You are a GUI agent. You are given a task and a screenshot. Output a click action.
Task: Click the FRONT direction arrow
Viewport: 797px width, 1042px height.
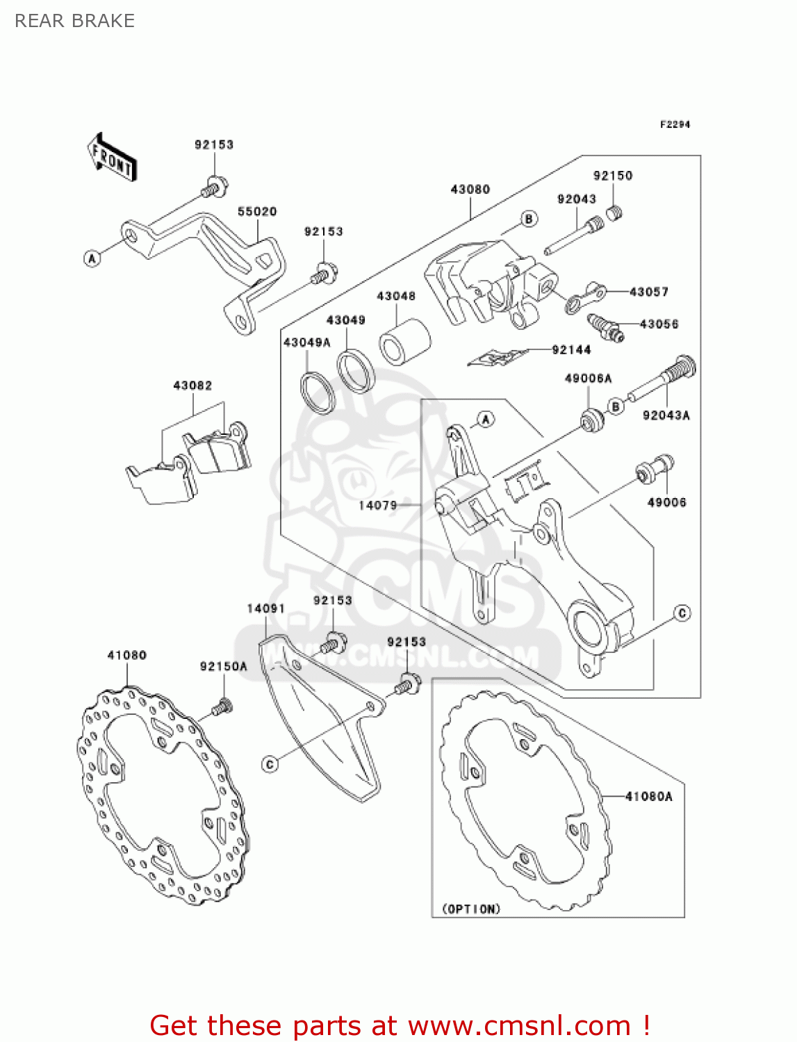(112, 158)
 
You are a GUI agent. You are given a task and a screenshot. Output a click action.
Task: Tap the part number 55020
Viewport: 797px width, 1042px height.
(257, 211)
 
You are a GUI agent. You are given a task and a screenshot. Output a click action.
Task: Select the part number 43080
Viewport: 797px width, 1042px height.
(470, 189)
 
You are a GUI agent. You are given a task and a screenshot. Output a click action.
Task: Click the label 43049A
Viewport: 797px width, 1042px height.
(306, 342)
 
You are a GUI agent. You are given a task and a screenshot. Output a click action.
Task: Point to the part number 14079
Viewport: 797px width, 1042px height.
(377, 505)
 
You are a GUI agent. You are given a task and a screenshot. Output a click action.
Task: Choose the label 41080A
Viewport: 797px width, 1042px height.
(648, 796)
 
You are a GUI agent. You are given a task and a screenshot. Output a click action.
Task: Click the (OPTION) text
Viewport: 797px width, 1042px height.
(471, 909)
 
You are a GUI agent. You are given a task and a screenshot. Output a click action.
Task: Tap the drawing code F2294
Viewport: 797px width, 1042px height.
(675, 124)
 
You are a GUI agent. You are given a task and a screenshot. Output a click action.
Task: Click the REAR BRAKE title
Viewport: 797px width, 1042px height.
(74, 21)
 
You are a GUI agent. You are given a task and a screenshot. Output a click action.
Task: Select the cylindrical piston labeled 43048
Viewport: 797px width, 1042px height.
(404, 340)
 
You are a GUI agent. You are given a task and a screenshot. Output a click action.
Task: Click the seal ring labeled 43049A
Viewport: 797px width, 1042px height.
(318, 393)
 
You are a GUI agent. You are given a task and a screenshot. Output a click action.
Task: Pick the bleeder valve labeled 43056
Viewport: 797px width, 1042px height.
(605, 327)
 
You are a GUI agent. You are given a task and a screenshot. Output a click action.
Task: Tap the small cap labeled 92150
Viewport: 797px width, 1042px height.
(613, 213)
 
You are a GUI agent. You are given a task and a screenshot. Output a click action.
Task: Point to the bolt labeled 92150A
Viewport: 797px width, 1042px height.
(222, 707)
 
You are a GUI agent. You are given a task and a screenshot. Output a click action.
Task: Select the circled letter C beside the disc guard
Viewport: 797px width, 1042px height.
(270, 764)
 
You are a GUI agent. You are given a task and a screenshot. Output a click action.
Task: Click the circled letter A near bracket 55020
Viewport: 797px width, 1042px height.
(92, 258)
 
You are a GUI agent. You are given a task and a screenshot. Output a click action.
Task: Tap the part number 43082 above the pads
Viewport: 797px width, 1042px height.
(192, 386)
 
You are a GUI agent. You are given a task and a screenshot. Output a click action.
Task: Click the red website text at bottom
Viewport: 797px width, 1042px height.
(400, 1025)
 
